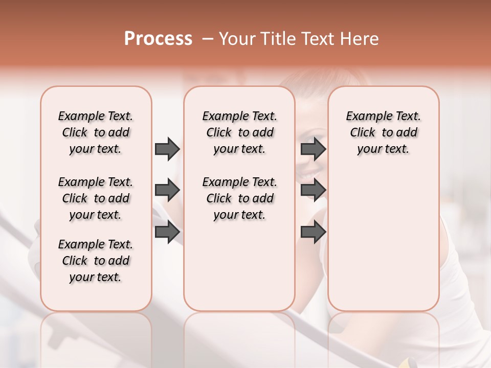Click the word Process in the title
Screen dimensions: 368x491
point(158,38)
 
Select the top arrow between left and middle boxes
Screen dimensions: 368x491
point(167,149)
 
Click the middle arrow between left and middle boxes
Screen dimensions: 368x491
point(167,190)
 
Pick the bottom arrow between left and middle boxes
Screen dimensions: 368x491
point(167,232)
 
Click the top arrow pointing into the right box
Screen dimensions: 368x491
point(313,149)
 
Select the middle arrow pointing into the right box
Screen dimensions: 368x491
point(313,190)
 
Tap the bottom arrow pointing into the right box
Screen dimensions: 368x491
point(313,232)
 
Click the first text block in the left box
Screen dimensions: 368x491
point(96,132)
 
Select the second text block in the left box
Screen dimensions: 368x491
point(96,198)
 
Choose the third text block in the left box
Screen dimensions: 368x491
point(96,261)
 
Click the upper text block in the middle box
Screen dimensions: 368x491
point(239,132)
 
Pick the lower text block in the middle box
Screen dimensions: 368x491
point(239,198)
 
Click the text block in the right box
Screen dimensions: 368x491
point(383,132)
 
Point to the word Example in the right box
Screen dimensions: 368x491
point(365,117)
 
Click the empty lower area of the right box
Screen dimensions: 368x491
point(383,240)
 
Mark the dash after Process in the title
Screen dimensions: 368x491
point(208,39)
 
